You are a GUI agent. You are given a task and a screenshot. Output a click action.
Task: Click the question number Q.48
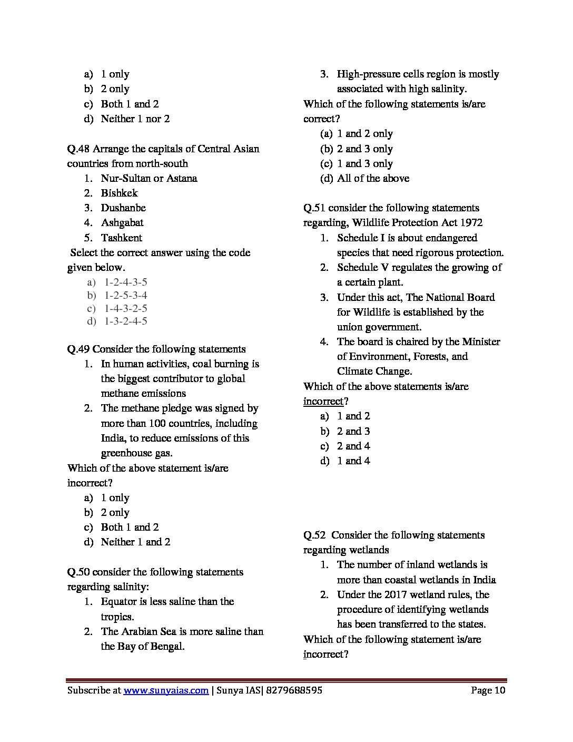coord(78,149)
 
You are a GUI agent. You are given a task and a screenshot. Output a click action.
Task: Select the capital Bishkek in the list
coord(119,193)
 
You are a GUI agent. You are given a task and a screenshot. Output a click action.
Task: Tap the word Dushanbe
coord(123,208)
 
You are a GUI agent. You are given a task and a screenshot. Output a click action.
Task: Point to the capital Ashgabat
coord(122,223)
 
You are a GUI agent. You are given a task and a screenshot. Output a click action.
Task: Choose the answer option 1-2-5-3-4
coord(125,296)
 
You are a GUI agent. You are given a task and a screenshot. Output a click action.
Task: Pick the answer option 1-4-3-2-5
coord(125,308)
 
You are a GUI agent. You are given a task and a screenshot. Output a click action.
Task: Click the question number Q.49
coord(78,349)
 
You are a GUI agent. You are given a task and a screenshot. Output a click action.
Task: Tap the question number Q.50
coord(78,572)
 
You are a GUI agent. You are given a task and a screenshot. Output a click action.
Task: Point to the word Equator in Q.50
coord(118,602)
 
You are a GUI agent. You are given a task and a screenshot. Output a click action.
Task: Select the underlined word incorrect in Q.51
coord(323,402)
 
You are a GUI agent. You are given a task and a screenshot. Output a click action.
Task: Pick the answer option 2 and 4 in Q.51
coord(353,446)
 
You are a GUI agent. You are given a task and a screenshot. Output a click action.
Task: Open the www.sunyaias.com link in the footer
coord(166,690)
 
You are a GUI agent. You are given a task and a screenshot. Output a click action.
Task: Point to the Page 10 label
coord(488,690)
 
